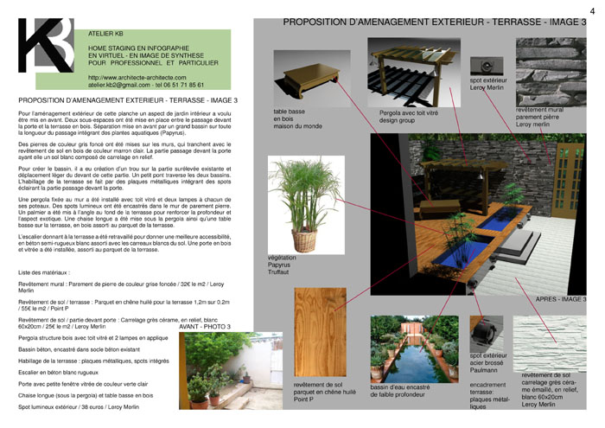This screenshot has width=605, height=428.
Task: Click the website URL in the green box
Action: pos(137,79)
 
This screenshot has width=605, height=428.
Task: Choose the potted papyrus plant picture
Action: pos(302,203)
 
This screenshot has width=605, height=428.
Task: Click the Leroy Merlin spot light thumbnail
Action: pos(487,66)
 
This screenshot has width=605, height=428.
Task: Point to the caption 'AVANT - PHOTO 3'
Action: pos(205,327)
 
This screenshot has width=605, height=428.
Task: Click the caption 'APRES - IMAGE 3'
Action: pos(561,299)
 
